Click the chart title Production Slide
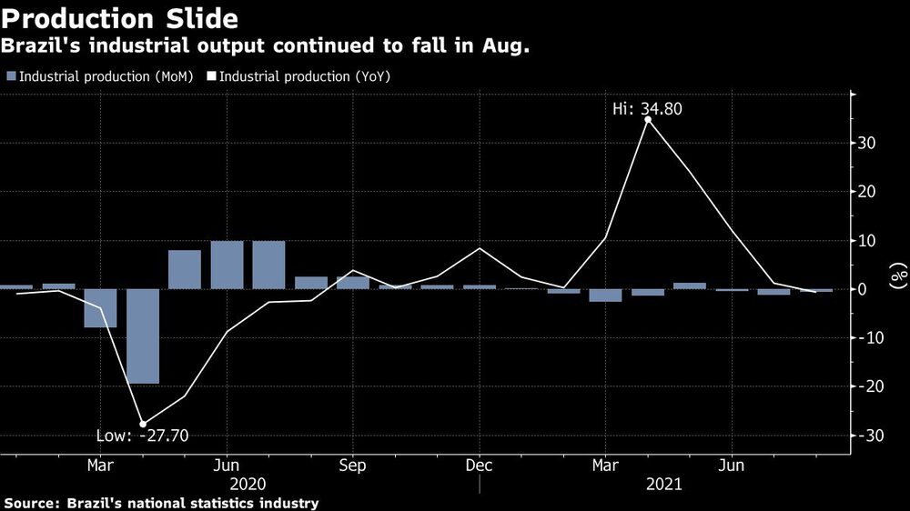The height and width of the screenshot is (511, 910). pyautogui.click(x=121, y=18)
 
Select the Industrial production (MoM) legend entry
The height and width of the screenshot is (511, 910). pyautogui.click(x=99, y=76)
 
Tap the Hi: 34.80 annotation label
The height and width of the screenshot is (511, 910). pyautogui.click(x=648, y=108)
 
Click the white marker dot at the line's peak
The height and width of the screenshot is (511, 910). pyautogui.click(x=648, y=119)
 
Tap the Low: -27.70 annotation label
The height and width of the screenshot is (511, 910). pyautogui.click(x=142, y=436)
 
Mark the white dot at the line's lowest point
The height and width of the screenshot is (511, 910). pyautogui.click(x=143, y=424)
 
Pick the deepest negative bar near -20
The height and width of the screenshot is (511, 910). pyautogui.click(x=143, y=336)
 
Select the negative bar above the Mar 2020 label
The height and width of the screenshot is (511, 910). pyautogui.click(x=101, y=308)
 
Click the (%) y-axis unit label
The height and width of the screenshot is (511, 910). pyautogui.click(x=896, y=273)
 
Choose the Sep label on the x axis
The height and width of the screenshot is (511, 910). pyautogui.click(x=353, y=466)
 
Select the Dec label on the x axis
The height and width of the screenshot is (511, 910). pyautogui.click(x=480, y=466)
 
